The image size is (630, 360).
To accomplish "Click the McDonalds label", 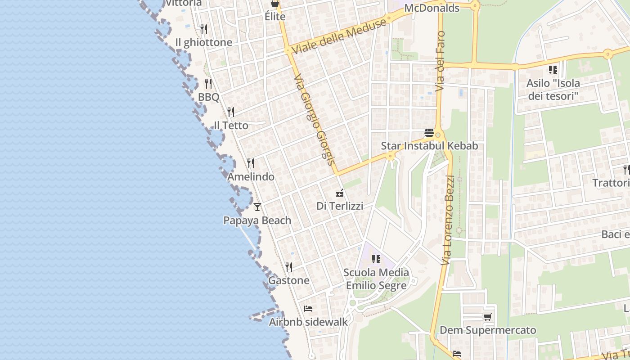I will (x=432, y=8).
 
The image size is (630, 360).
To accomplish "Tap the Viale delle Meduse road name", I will (x=339, y=36).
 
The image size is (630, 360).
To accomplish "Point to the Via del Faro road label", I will (x=440, y=61).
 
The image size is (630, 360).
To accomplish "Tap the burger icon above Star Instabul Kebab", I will (x=429, y=133).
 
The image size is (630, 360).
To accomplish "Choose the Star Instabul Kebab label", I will (x=429, y=146).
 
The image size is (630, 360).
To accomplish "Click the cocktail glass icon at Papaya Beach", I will (x=257, y=207).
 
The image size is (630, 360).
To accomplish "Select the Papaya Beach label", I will (x=257, y=220).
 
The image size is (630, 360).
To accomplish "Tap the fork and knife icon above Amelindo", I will (x=251, y=163).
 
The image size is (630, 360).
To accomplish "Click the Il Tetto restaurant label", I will (x=231, y=125).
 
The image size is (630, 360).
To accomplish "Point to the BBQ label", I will (x=209, y=97).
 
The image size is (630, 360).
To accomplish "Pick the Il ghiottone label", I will (x=204, y=42).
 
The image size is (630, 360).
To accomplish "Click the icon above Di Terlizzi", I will (x=340, y=193).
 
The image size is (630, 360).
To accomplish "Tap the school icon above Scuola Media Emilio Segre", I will (x=376, y=259).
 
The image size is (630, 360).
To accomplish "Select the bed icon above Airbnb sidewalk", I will (x=308, y=309).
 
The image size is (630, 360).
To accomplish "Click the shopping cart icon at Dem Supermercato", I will (x=487, y=317).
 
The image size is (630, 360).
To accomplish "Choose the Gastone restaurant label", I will (x=289, y=280).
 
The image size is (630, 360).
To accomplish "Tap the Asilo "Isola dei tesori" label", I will (x=553, y=90).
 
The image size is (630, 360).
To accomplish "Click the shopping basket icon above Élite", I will (x=275, y=4).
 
